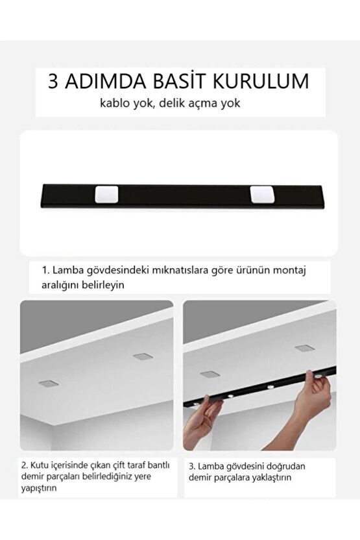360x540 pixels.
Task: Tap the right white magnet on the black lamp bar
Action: [x=260, y=193]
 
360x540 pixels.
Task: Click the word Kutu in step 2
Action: [x=42, y=465]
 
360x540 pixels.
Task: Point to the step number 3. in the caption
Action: [x=193, y=465]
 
